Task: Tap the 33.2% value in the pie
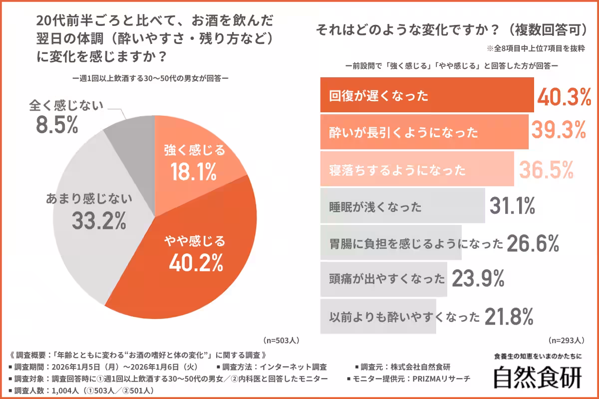tap(99, 220)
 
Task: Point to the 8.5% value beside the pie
tap(57, 126)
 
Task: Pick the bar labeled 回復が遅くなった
tap(427, 96)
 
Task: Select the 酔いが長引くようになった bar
tap(424, 132)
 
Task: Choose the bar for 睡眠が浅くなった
tap(402, 206)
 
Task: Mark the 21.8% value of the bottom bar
tap(508, 316)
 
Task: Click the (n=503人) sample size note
tap(281, 341)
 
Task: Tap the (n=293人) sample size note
tap(566, 341)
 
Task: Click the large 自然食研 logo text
tap(538, 378)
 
